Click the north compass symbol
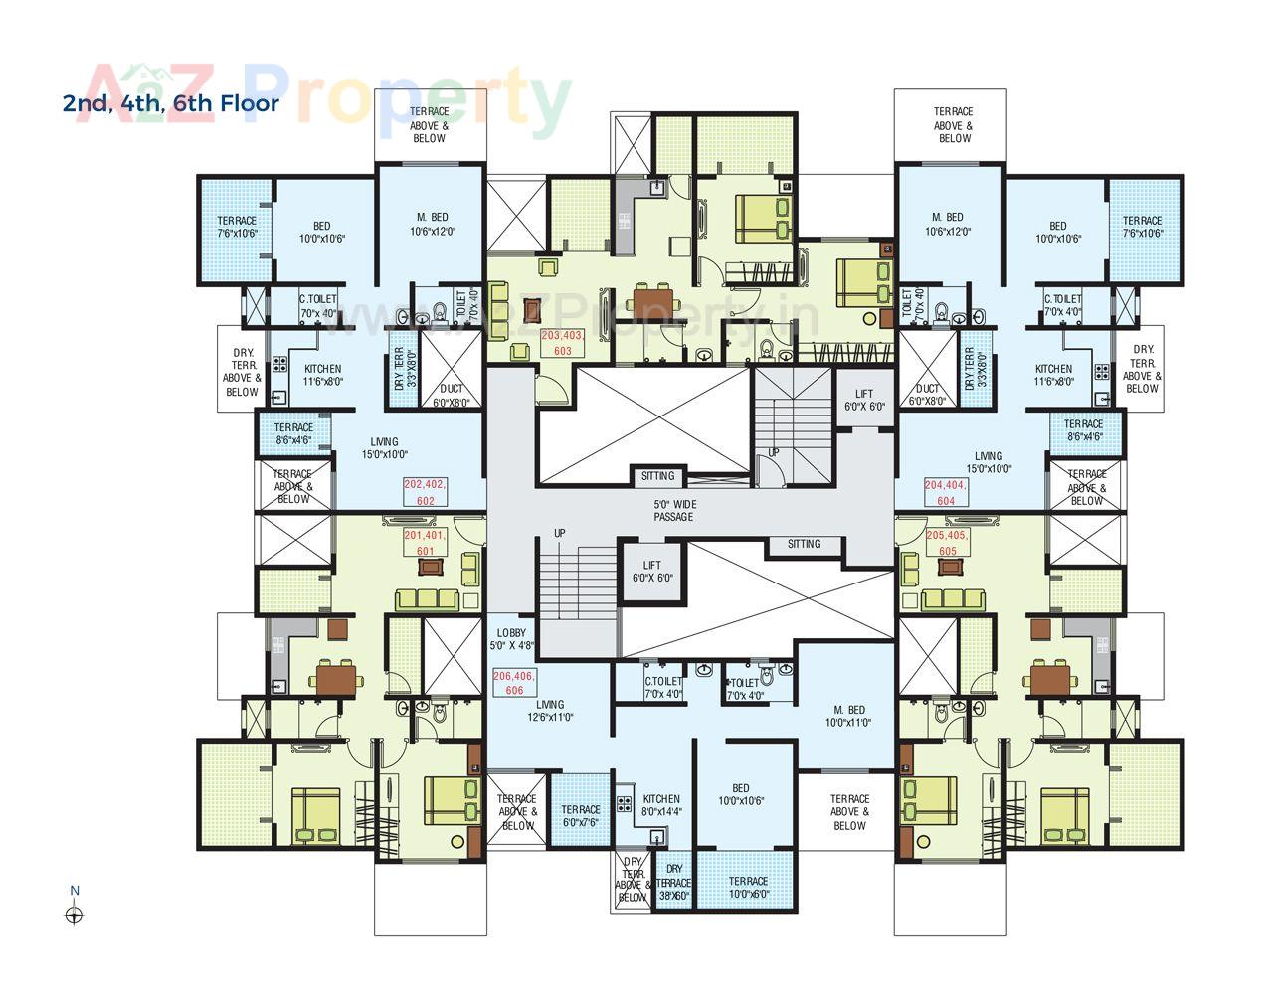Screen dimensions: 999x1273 pyautogui.click(x=74, y=916)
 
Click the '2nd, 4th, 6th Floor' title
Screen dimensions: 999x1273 pyautogui.click(x=171, y=102)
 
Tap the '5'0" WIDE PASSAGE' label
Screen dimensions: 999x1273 pyautogui.click(x=673, y=510)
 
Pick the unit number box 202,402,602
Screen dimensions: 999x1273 pyautogui.click(x=426, y=492)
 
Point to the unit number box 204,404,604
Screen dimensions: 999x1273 pyautogui.click(x=946, y=493)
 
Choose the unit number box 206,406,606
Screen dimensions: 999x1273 pyautogui.click(x=514, y=683)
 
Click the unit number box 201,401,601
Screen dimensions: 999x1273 pyautogui.click(x=426, y=543)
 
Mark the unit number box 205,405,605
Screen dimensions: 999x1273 pyautogui.click(x=947, y=543)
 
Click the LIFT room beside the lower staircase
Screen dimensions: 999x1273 pyautogui.click(x=652, y=571)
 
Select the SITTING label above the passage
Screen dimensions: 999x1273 pyautogui.click(x=657, y=476)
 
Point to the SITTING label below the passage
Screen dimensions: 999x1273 pyautogui.click(x=804, y=544)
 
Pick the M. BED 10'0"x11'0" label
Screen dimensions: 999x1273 pyautogui.click(x=849, y=716)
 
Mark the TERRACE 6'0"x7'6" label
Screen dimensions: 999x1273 pyautogui.click(x=581, y=816)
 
